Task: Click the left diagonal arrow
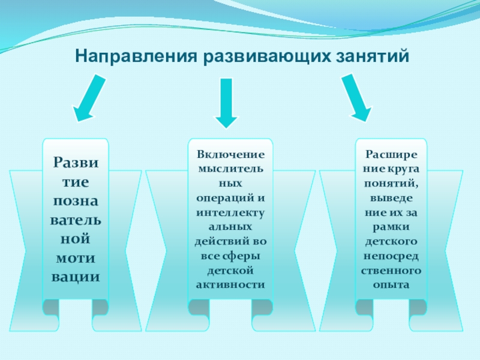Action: [x=90, y=99]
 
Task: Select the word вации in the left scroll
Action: [x=76, y=277]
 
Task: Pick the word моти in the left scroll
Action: [x=76, y=257]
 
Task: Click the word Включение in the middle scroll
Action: [x=230, y=155]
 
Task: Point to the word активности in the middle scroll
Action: [x=230, y=284]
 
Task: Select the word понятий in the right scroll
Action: [x=391, y=184]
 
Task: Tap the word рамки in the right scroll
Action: [x=391, y=227]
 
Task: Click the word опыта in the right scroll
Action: [x=391, y=284]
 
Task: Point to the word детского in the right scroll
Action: [x=391, y=242]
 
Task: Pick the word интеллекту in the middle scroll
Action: [x=230, y=212]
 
